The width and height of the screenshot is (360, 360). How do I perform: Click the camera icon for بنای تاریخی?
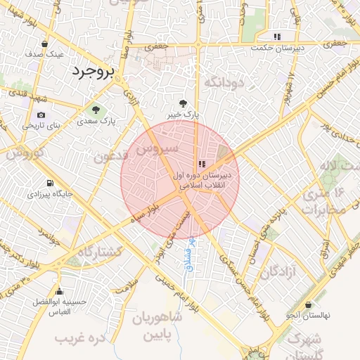point(41,115)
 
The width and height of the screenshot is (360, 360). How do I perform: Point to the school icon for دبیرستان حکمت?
point(278,37)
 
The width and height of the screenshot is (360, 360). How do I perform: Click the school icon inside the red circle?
point(202,164)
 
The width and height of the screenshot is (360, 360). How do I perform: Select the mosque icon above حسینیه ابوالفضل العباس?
point(59,292)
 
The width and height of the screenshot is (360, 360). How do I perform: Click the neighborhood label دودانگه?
point(223,83)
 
